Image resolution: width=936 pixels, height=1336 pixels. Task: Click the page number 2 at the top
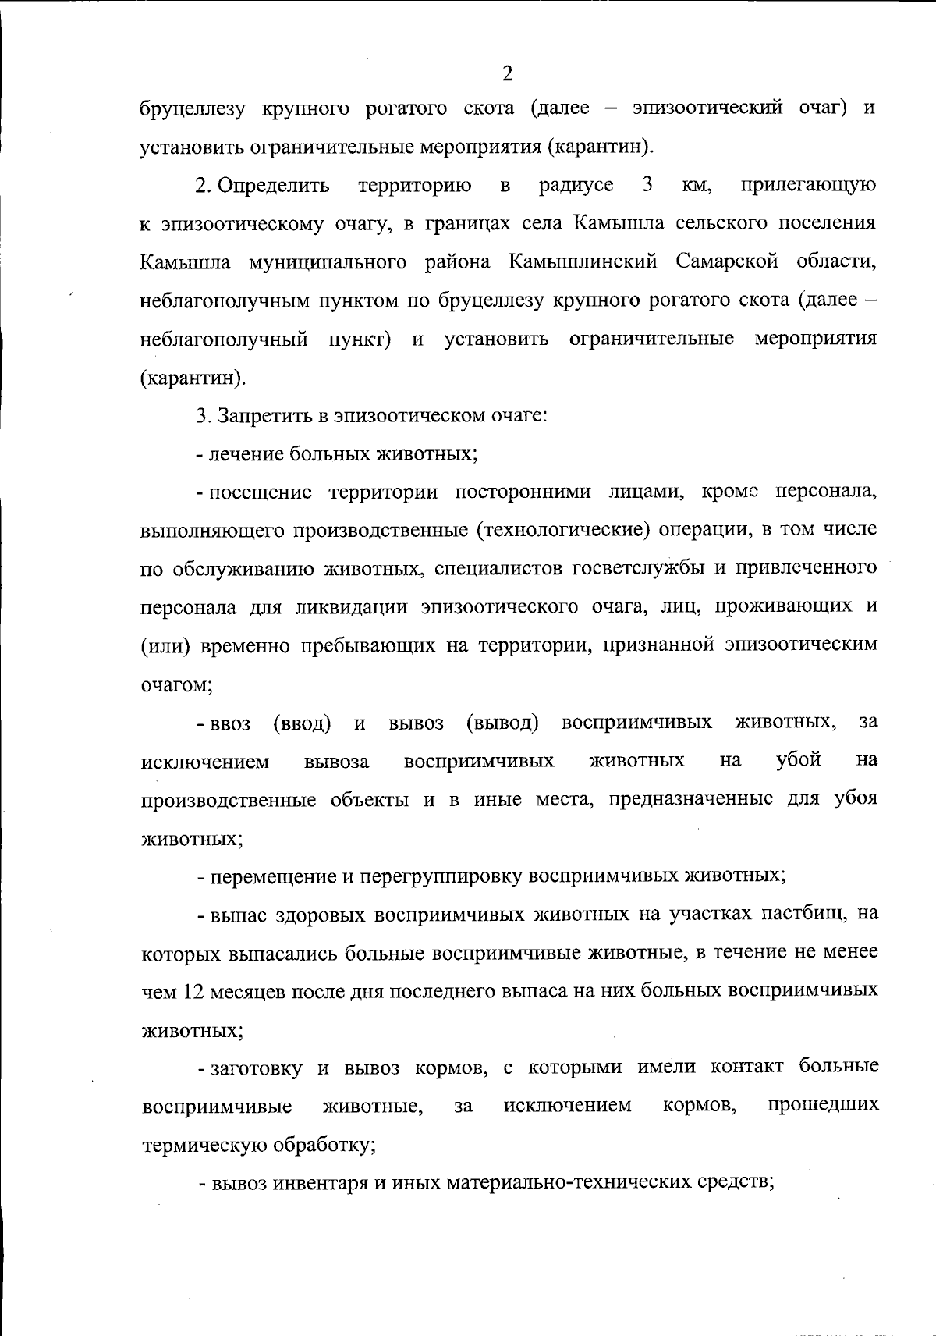click(x=507, y=74)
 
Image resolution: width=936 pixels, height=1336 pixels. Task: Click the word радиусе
click(x=576, y=186)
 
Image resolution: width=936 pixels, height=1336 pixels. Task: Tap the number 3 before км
click(x=647, y=185)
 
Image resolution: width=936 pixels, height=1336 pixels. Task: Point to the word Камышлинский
click(x=584, y=261)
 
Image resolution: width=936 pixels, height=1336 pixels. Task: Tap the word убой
click(x=799, y=759)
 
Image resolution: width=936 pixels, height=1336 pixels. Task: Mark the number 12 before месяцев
click(x=192, y=990)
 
